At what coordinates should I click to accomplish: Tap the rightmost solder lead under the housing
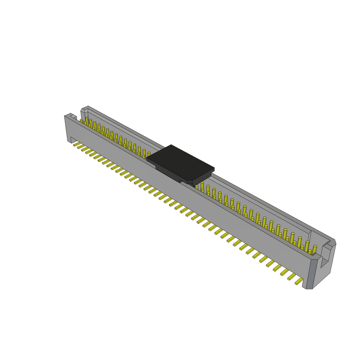299,281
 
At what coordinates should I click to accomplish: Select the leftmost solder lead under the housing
77,144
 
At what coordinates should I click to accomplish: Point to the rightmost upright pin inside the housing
315,249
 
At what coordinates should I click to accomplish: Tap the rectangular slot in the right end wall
325,260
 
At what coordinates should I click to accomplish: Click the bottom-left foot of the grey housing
69,140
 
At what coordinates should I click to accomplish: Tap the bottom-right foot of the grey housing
309,288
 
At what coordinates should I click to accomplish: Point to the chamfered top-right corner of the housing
332,243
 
